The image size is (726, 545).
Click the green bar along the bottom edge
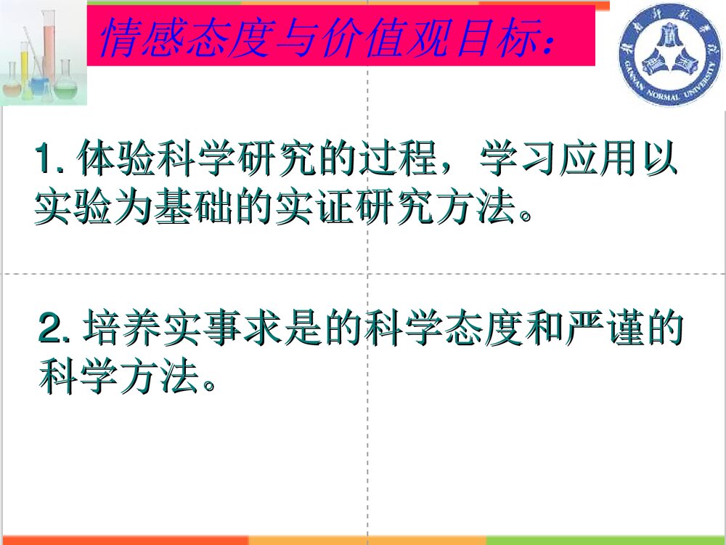[605, 541]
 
